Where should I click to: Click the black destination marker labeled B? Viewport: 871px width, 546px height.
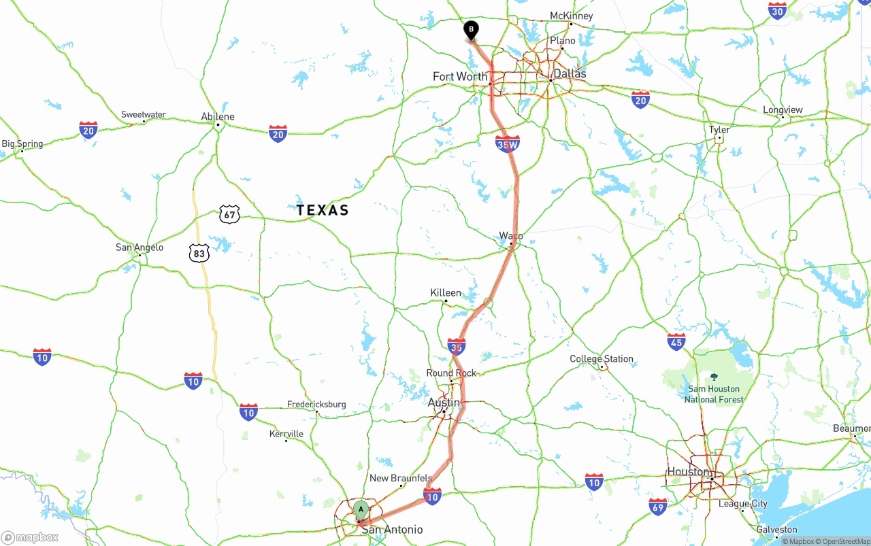(471, 30)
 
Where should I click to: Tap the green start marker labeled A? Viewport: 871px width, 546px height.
(361, 509)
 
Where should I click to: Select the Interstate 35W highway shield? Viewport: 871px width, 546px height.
(508, 143)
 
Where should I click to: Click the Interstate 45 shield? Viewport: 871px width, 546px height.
(676, 341)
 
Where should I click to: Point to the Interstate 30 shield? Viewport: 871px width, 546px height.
(778, 10)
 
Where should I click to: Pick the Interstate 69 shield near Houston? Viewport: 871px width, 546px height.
(658, 506)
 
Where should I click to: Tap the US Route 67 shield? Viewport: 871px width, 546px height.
(230, 215)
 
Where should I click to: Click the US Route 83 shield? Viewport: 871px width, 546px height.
(199, 254)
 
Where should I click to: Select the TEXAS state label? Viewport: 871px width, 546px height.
(323, 210)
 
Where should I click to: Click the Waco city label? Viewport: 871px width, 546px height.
(511, 236)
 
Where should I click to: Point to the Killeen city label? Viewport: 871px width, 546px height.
(446, 292)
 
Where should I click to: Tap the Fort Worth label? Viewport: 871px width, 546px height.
(460, 76)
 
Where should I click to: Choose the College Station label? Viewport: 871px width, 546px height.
(602, 358)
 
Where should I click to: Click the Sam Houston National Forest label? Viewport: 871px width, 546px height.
(714, 394)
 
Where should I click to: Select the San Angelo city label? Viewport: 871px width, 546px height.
(139, 247)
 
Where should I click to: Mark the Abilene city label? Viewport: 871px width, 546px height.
(218, 116)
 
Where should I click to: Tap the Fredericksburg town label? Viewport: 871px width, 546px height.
(316, 404)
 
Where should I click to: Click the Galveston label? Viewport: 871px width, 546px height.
(776, 529)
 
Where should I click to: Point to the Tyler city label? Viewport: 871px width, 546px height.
(719, 129)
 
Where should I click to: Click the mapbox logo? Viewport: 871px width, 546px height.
(30, 537)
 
